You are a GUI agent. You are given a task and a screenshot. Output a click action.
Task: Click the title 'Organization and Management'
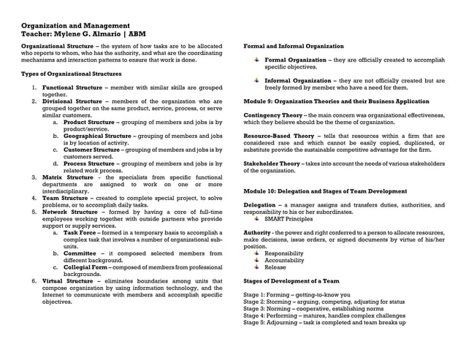[x=75, y=26]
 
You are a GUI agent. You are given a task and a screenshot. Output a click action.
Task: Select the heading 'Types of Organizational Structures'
[x=71, y=74]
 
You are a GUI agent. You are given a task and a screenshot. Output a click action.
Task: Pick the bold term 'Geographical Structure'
[x=97, y=136]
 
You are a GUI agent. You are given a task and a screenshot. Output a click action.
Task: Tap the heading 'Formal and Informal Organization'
[x=294, y=46]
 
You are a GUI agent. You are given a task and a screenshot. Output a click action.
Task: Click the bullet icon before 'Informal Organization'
[x=256, y=80]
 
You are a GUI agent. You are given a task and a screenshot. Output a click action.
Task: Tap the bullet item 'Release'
[x=275, y=267]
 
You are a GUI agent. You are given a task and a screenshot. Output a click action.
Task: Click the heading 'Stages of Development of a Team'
[x=291, y=280]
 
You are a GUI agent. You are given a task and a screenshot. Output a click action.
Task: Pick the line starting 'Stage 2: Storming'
[x=324, y=302]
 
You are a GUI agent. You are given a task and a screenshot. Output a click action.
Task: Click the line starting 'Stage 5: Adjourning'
[x=324, y=322]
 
